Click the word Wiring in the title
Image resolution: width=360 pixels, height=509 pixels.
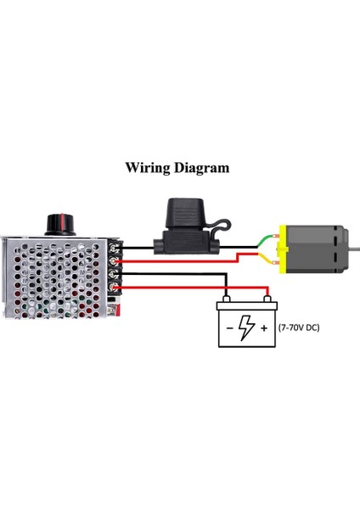click(x=147, y=167)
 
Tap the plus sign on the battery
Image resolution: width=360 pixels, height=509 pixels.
click(x=264, y=327)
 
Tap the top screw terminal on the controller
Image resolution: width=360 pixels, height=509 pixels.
click(x=115, y=248)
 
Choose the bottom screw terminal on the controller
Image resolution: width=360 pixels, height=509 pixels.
click(x=115, y=291)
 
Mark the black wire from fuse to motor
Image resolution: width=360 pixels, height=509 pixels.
click(x=242, y=247)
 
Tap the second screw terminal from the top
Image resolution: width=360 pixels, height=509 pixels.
click(x=115, y=262)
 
